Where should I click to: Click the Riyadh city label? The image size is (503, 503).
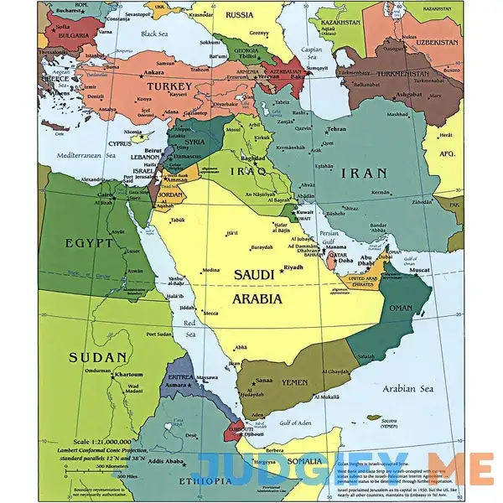(x=293, y=267)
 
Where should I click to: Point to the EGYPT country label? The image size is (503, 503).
(x=88, y=243)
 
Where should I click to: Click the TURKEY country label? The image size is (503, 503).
(x=170, y=86)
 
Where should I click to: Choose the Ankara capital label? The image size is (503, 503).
(x=153, y=60)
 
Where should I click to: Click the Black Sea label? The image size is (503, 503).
(x=154, y=34)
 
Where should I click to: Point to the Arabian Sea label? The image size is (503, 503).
(x=409, y=387)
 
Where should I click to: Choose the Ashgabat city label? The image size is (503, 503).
(x=410, y=95)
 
